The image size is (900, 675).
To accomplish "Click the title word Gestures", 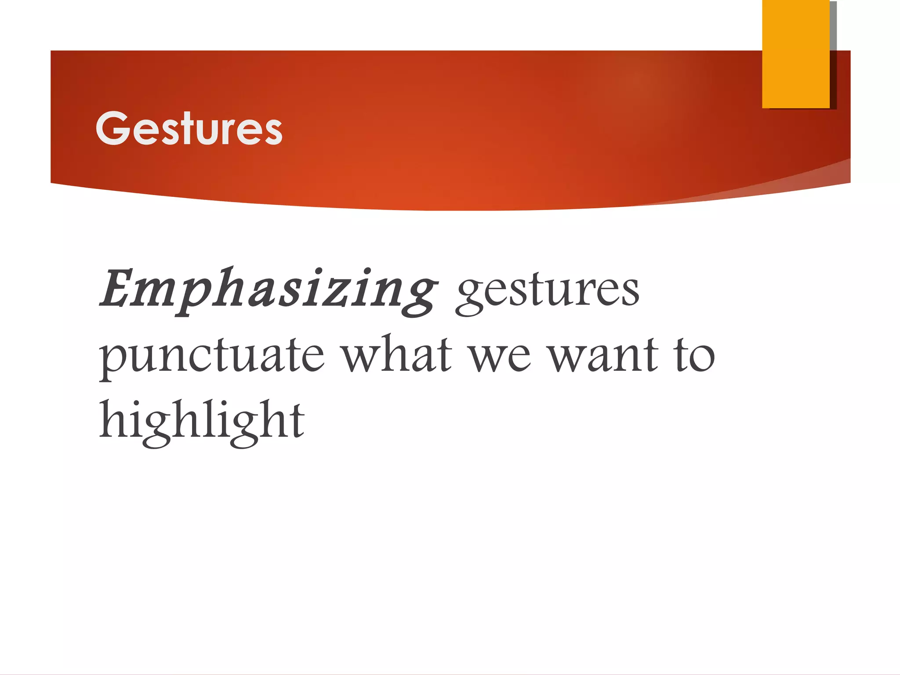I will (189, 128).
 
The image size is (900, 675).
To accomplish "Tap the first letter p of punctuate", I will (111, 361).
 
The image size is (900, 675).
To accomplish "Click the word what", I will (397, 354).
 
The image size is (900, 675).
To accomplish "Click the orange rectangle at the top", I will (795, 54).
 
